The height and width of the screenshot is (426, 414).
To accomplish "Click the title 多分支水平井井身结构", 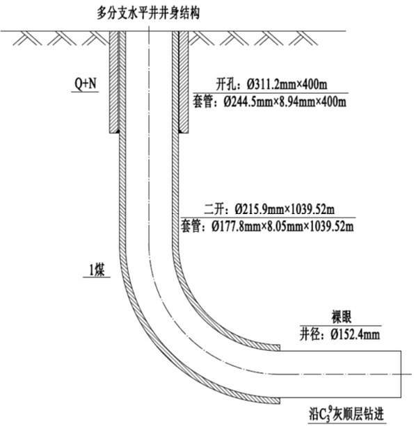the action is (148, 13).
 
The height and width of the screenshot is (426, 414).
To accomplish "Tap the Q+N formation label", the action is (86, 83).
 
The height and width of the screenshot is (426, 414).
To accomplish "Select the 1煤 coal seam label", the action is (97, 270).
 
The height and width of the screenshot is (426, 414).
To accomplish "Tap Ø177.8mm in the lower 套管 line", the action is (236, 227).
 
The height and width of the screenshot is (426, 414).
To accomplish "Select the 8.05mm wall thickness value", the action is (284, 227).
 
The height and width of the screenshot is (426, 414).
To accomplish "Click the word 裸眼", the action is (342, 317).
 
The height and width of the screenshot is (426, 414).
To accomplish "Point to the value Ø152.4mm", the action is (356, 334).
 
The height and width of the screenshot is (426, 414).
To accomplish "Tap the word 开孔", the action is (225, 85).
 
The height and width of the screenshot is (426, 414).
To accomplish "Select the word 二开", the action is (214, 209).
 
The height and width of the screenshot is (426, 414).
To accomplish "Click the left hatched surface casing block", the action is (114, 82).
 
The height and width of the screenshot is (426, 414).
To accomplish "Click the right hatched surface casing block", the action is (184, 82).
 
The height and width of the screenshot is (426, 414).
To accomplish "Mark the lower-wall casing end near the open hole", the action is (280, 401).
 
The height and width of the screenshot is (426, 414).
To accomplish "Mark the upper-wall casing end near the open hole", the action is (280, 347).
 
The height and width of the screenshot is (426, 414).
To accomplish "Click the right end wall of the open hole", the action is (401, 374).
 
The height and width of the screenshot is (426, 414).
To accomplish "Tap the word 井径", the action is (310, 334).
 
